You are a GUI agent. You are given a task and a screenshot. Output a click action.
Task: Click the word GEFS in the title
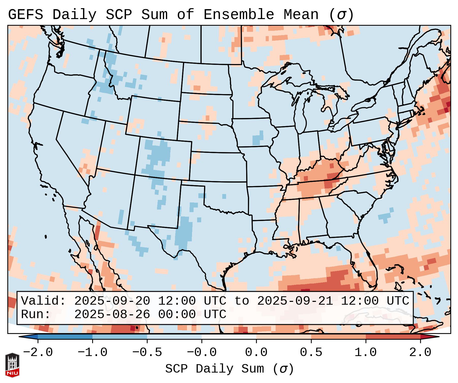coord(25,15)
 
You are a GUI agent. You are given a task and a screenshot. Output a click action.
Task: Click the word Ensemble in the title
coord(239,15)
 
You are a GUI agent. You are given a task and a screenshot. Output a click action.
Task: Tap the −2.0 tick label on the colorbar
coord(38,352)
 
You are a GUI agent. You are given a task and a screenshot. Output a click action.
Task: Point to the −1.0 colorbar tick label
coord(92,352)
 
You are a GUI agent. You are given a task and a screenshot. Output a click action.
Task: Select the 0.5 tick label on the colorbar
coord(311,352)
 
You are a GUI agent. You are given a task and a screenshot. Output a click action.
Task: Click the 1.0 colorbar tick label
coord(366,352)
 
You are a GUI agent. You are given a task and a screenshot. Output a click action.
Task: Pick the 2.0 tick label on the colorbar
coord(420,352)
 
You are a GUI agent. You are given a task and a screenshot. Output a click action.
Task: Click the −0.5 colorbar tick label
coord(147,352)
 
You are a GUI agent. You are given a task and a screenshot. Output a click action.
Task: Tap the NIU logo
coord(12,365)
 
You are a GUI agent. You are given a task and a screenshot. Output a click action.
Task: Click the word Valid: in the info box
coord(43,301)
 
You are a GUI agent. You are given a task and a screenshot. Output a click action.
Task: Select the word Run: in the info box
coord(36,314)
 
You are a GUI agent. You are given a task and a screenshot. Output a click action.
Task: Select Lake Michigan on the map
coord(302,112)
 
